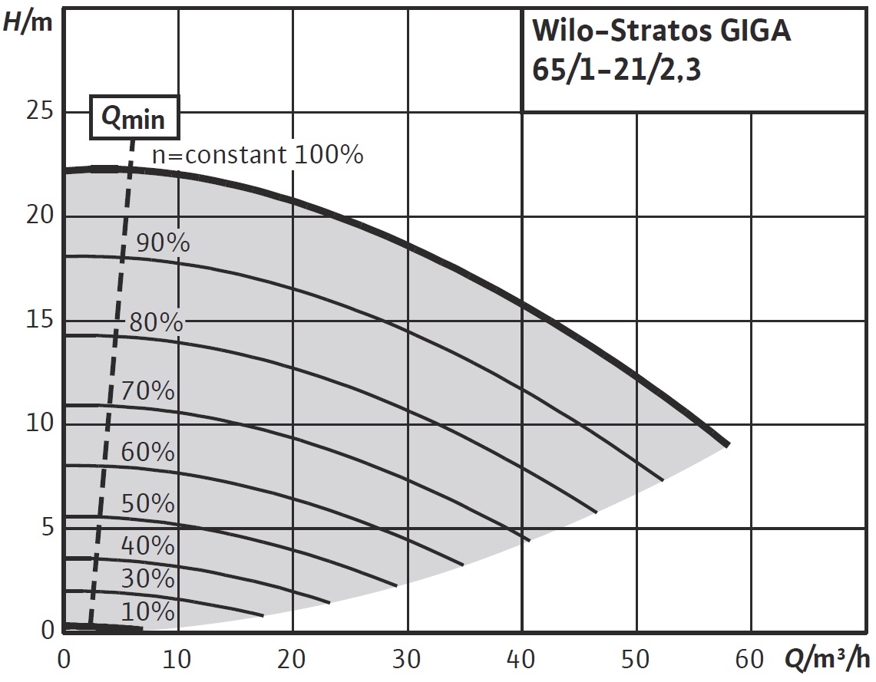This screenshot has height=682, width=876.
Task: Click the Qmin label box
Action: click(134, 118)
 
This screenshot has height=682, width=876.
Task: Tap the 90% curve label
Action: click(163, 243)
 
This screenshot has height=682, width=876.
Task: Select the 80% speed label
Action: click(156, 322)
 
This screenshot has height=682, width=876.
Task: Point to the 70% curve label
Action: click(148, 391)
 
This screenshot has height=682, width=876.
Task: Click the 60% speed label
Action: click(148, 453)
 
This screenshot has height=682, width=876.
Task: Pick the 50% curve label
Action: click(148, 504)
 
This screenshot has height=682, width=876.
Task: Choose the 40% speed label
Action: click(148, 546)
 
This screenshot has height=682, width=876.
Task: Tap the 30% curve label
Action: click(148, 578)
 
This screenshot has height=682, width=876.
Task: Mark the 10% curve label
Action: click(148, 612)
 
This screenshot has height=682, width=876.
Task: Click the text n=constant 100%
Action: click(257, 156)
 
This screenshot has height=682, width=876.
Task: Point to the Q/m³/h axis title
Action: click(828, 659)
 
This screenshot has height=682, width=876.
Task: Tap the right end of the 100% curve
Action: click(726, 443)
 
